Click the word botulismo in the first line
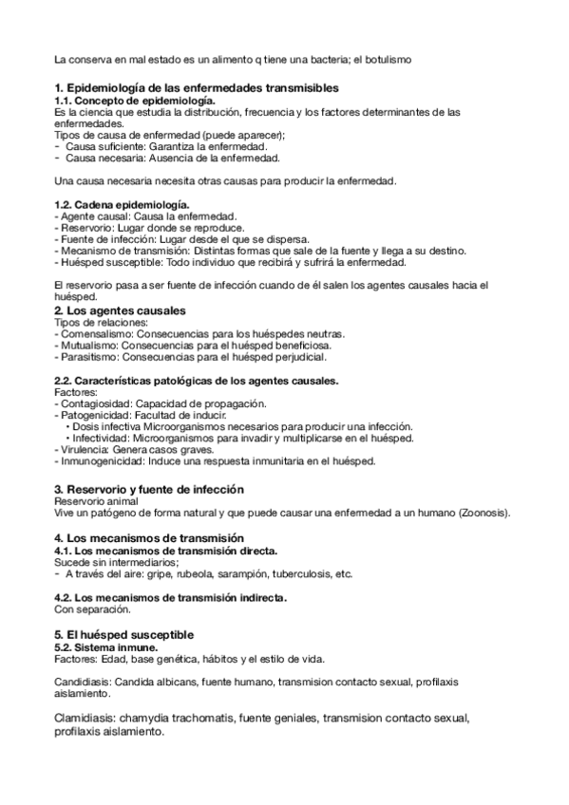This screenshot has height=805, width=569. click(x=387, y=61)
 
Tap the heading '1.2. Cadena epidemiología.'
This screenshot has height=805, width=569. click(x=122, y=205)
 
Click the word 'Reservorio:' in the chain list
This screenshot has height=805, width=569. click(x=83, y=228)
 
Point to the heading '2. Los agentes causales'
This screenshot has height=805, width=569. click(x=120, y=310)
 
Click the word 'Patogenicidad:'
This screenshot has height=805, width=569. click(x=92, y=416)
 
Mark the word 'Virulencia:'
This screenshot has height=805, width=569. click(x=83, y=450)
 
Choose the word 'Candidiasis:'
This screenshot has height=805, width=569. click(x=84, y=683)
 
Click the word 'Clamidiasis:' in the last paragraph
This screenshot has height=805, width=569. click(x=86, y=719)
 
